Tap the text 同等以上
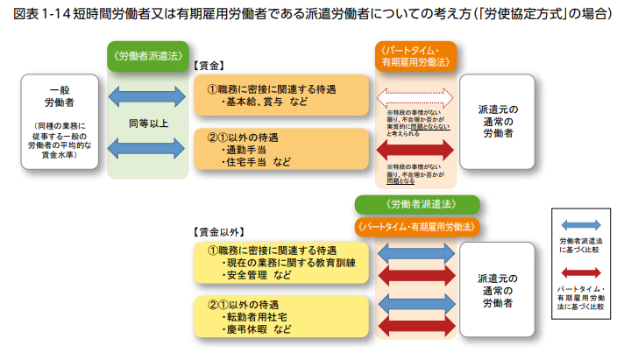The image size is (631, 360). [147, 123]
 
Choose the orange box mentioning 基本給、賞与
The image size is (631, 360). [282, 95]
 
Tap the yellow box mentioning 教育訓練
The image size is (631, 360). [282, 263]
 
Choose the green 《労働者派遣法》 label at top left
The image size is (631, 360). [147, 54]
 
